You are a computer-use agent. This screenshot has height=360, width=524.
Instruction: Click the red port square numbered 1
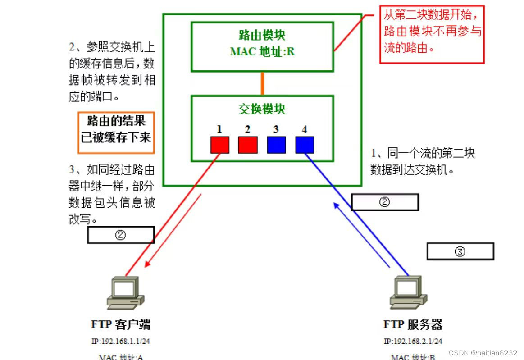click(x=220, y=145)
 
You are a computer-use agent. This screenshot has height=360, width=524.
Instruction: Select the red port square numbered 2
click(x=248, y=145)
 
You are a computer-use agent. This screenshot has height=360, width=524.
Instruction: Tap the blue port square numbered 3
click(x=276, y=145)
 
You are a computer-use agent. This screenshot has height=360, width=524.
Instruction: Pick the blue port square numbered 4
click(x=305, y=145)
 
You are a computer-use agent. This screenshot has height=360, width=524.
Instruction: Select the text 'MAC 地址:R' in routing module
click(x=262, y=51)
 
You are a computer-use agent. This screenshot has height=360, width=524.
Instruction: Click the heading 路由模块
click(x=262, y=35)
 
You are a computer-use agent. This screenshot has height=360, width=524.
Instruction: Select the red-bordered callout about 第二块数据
click(x=432, y=34)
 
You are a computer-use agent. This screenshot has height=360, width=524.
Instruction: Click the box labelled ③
click(x=460, y=251)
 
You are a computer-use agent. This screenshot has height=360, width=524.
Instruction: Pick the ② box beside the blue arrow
click(x=385, y=202)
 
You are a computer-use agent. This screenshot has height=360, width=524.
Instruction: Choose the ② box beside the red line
click(x=121, y=235)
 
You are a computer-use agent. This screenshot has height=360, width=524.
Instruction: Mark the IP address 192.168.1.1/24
click(x=121, y=341)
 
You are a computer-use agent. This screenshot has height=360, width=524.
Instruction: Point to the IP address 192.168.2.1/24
click(x=413, y=341)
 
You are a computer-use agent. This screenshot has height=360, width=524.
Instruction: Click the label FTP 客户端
click(x=121, y=324)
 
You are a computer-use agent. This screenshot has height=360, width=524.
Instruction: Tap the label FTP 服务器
click(x=413, y=324)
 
